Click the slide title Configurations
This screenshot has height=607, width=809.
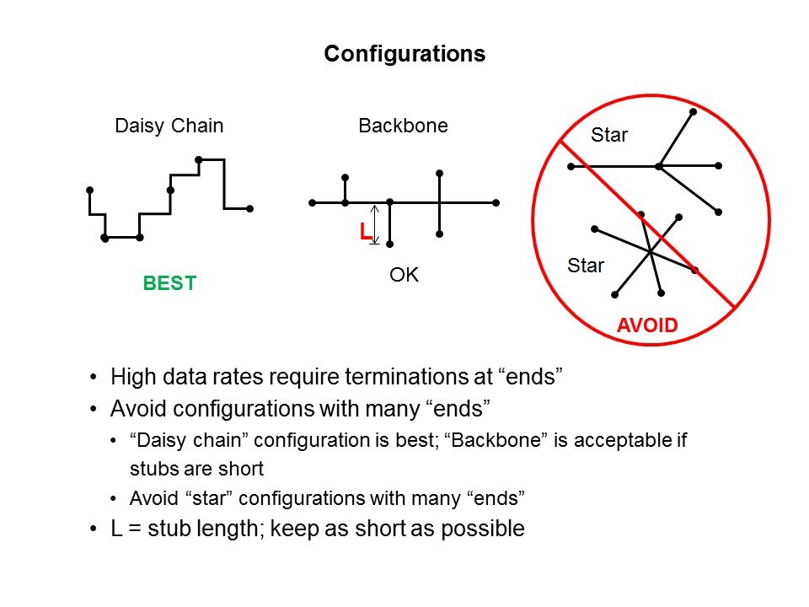404,54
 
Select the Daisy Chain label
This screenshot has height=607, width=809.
169,126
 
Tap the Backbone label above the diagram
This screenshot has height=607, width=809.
403,126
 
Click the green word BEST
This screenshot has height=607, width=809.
169,283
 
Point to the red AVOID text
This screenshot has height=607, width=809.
647,325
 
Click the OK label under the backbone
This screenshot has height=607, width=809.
404,275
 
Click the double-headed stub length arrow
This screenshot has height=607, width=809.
375,224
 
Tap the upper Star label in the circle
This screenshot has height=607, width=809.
608,135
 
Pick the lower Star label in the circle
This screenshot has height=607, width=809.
586,266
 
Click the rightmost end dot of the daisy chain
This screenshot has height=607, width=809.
249,209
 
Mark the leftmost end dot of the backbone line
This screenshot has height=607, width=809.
312,203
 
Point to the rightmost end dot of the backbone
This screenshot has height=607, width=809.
496,203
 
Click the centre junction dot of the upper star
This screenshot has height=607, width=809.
659,166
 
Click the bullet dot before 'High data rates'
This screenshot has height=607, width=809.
93,378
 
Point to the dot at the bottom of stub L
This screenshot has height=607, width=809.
390,244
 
